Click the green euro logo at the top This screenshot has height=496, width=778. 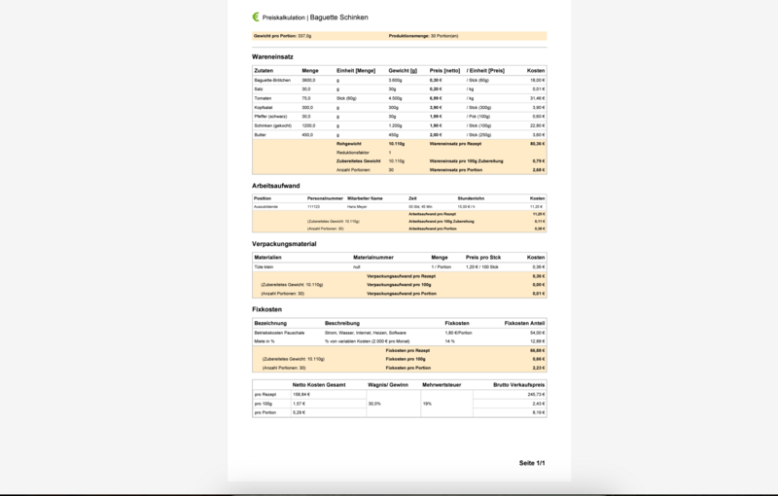click(255, 17)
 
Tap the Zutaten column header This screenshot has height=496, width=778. click(264, 71)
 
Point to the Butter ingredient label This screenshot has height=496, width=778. click(260, 134)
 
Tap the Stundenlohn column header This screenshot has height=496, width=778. click(471, 197)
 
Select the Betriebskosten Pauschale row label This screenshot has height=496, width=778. click(279, 333)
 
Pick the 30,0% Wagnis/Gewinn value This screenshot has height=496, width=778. click(374, 404)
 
